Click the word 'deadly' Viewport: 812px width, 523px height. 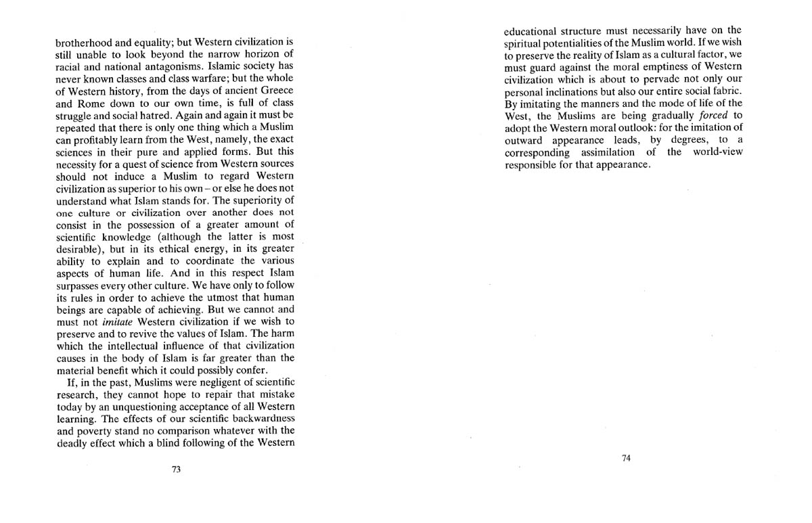[73, 443]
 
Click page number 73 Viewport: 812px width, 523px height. [176, 469]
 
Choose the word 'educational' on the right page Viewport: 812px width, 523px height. [532, 30]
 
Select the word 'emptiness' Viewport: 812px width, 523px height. [652, 66]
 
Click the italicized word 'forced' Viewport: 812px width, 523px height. [712, 115]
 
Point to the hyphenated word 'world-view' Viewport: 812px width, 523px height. [717, 152]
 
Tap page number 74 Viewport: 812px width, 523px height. [625, 458]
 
